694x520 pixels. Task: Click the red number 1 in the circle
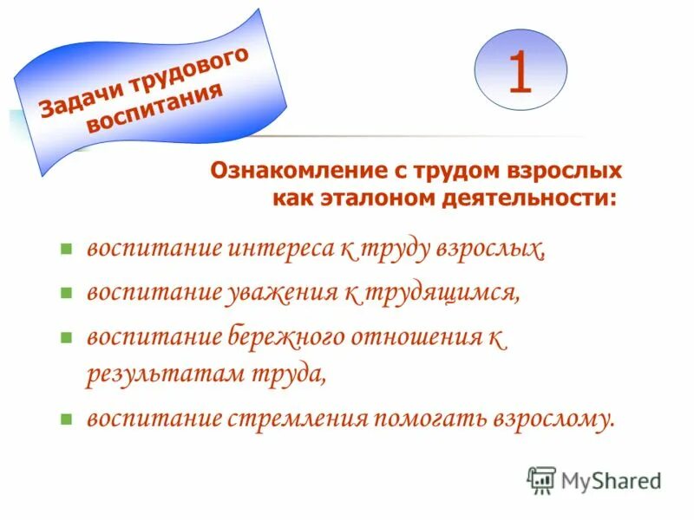point(520,73)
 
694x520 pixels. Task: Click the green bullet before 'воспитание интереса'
point(64,250)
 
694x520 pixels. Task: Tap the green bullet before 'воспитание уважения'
point(64,294)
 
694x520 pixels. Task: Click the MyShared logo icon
point(541,480)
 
